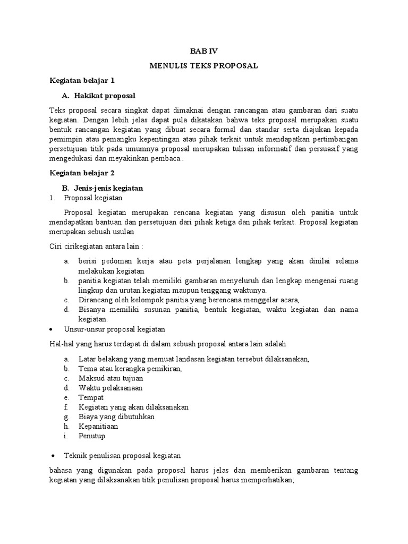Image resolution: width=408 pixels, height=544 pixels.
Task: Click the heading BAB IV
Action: click(x=204, y=51)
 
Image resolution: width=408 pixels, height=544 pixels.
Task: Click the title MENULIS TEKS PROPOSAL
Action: click(x=204, y=65)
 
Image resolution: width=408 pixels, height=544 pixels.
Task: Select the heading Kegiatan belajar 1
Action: click(x=82, y=81)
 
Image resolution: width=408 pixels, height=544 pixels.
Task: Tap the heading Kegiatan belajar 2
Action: click(x=82, y=173)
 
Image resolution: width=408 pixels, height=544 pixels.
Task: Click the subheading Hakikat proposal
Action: click(x=105, y=96)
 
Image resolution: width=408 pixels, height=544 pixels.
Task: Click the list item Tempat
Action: click(x=91, y=397)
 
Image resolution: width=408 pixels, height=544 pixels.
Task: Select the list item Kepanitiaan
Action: click(x=98, y=426)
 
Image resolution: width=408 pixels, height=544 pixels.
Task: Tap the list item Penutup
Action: click(x=92, y=436)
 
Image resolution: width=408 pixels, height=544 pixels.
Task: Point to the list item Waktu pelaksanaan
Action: click(x=110, y=388)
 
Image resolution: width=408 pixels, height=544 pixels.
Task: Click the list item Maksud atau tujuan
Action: click(x=110, y=378)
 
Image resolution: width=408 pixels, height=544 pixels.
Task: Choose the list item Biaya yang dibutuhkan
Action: click(x=116, y=416)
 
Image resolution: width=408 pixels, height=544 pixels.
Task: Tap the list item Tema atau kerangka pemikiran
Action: click(x=130, y=369)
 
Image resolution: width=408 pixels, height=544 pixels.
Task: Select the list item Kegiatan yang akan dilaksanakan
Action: click(x=133, y=407)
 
